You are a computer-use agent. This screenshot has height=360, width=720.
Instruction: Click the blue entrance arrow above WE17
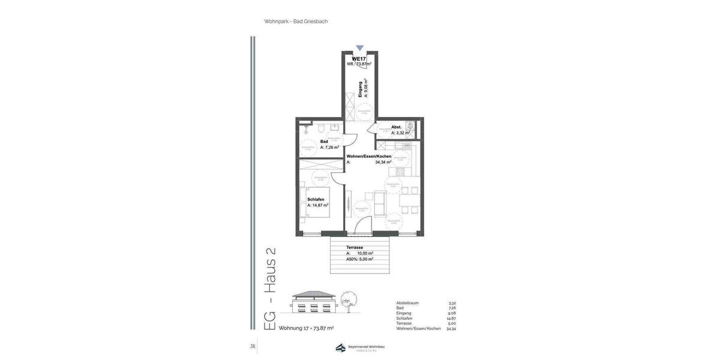pos(359,48)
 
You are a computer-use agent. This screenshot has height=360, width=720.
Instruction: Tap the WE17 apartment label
pos(359,58)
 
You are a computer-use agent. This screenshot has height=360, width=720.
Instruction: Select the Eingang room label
pos(360,89)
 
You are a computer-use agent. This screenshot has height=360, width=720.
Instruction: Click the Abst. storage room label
pos(396,127)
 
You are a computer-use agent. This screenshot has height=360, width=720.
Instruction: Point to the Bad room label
pos(324,142)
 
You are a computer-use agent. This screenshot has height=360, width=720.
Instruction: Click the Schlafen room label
pos(316,199)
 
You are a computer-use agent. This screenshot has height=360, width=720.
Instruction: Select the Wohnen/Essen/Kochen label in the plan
pos(369,156)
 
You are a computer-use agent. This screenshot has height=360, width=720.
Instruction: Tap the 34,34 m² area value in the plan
pos(383,162)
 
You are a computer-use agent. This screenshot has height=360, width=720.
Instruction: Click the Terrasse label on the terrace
pos(355,247)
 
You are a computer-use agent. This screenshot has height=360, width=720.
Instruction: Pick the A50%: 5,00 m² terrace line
pos(359,259)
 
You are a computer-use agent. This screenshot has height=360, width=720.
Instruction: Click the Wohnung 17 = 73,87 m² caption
pos(306,328)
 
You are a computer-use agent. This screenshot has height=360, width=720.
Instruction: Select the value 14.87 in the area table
pos(451,319)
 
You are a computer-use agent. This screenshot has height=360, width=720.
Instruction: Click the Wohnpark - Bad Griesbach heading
pos(296,22)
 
